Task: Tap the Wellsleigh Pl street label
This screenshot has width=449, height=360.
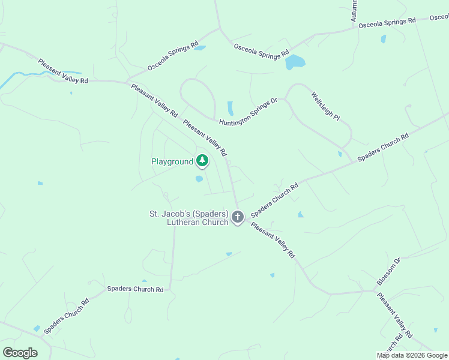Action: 325,106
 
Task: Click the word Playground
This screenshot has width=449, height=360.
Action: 172,161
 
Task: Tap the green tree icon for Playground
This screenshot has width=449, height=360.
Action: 202,160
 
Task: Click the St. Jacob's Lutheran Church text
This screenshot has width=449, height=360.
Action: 188,218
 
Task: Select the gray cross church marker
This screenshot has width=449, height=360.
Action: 238,217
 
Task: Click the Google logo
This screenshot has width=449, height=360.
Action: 20,352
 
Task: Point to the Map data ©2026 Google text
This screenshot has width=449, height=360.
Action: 412,355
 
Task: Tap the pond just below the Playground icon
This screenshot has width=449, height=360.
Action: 199,178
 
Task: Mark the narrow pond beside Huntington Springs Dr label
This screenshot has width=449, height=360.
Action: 230,108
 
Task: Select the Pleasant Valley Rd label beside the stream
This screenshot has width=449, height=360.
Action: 63,71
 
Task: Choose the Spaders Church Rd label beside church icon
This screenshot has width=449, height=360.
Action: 274,200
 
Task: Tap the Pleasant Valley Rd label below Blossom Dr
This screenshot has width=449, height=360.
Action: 394,314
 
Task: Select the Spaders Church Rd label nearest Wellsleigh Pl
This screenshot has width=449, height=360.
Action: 383,147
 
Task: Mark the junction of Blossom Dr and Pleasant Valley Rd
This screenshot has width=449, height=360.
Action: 375,292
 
